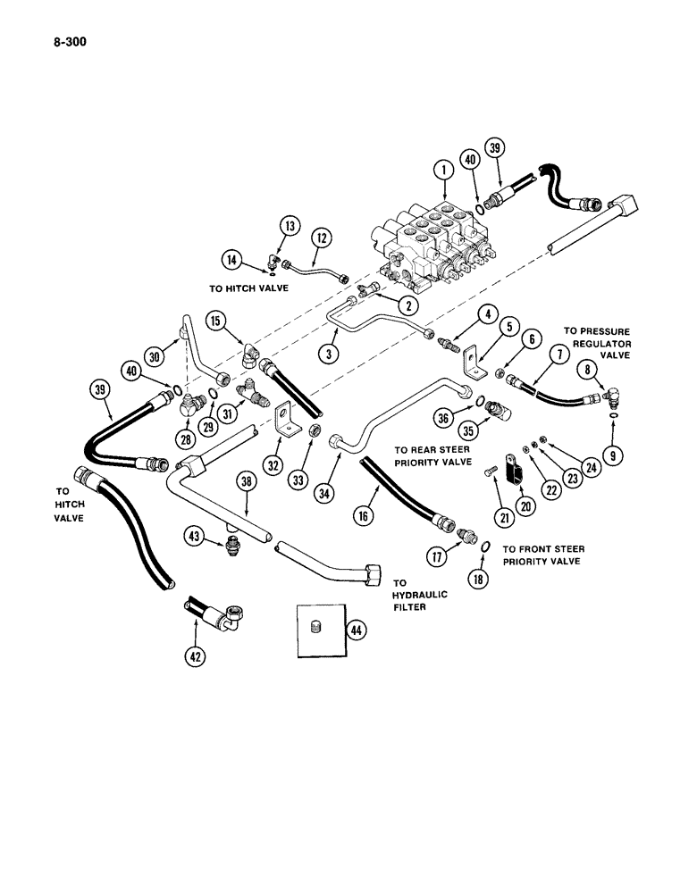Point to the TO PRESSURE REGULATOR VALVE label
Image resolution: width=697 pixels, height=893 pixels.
(x=596, y=343)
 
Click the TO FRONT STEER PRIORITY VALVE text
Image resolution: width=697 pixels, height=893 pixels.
(x=540, y=555)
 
